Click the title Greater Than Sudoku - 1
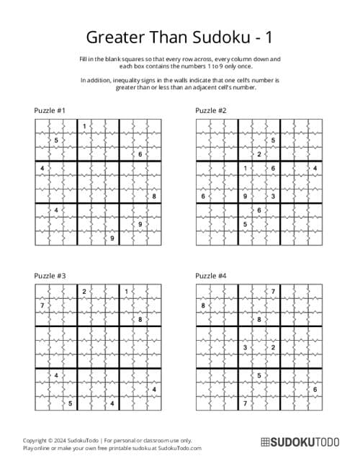[x=180, y=37]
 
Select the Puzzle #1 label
[x=50, y=110]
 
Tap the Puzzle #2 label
[x=211, y=110]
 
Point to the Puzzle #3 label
[x=50, y=275]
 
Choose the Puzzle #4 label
[x=211, y=275]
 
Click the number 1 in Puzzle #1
[x=84, y=127]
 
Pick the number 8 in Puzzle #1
[x=153, y=196]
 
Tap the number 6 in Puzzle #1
[x=140, y=154]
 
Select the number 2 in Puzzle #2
[x=258, y=154]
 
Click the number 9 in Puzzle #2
[x=245, y=196]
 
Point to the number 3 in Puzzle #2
[x=273, y=196]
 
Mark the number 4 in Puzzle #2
[x=315, y=168]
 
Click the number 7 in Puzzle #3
[x=42, y=305]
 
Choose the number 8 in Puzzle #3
[x=140, y=319]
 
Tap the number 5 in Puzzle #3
[x=70, y=403]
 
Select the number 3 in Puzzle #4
[x=245, y=347]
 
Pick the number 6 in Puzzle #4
[x=315, y=390]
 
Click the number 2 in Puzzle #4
[x=273, y=347]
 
